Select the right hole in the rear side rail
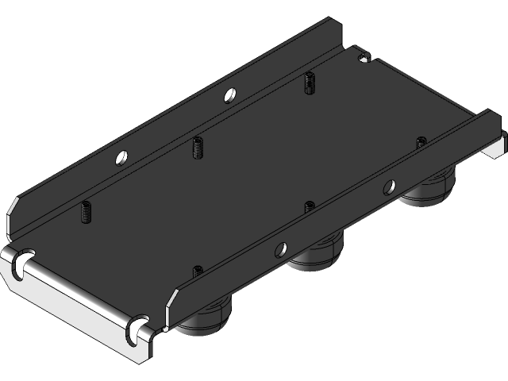coord(229,94)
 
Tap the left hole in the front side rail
coord(278,249)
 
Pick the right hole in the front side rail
coord(389,187)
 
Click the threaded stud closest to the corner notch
coord(308,82)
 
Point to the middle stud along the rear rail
coord(197,148)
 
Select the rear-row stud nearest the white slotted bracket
coord(85,212)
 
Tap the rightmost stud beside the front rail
coord(421,142)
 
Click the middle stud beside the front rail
coord(310,206)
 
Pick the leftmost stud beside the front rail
coord(197,271)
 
